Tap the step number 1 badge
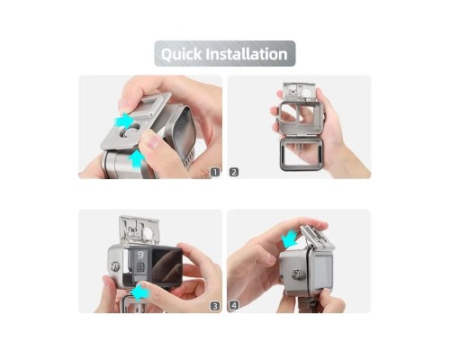coord(215,172)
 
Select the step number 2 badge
coord(234,172)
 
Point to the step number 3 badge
coord(215,306)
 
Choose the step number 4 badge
coord(234,306)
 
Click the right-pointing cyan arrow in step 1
coord(124,121)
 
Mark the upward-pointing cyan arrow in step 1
coord(137,158)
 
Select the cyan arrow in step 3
coord(140,292)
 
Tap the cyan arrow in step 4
coord(289,240)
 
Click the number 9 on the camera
coord(140,255)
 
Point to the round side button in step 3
coord(114,265)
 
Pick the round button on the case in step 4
coord(296,274)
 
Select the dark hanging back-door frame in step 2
coord(302,155)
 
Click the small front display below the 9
coord(139,266)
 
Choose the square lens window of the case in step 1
coord(180,124)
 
